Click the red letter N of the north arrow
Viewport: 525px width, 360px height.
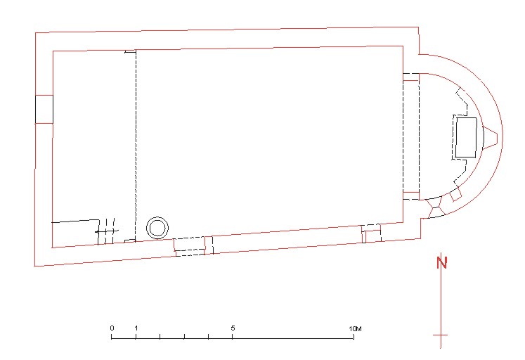(441, 262)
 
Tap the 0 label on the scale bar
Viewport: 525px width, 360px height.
(112, 328)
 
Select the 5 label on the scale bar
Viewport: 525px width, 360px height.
(233, 328)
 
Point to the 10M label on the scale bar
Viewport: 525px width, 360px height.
(355, 329)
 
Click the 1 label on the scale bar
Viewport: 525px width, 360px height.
(136, 328)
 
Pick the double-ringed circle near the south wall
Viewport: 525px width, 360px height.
(157, 228)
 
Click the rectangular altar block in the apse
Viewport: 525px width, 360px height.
(467, 137)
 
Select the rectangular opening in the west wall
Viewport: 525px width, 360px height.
(44, 109)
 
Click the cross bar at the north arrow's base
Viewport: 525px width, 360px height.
(440, 335)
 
